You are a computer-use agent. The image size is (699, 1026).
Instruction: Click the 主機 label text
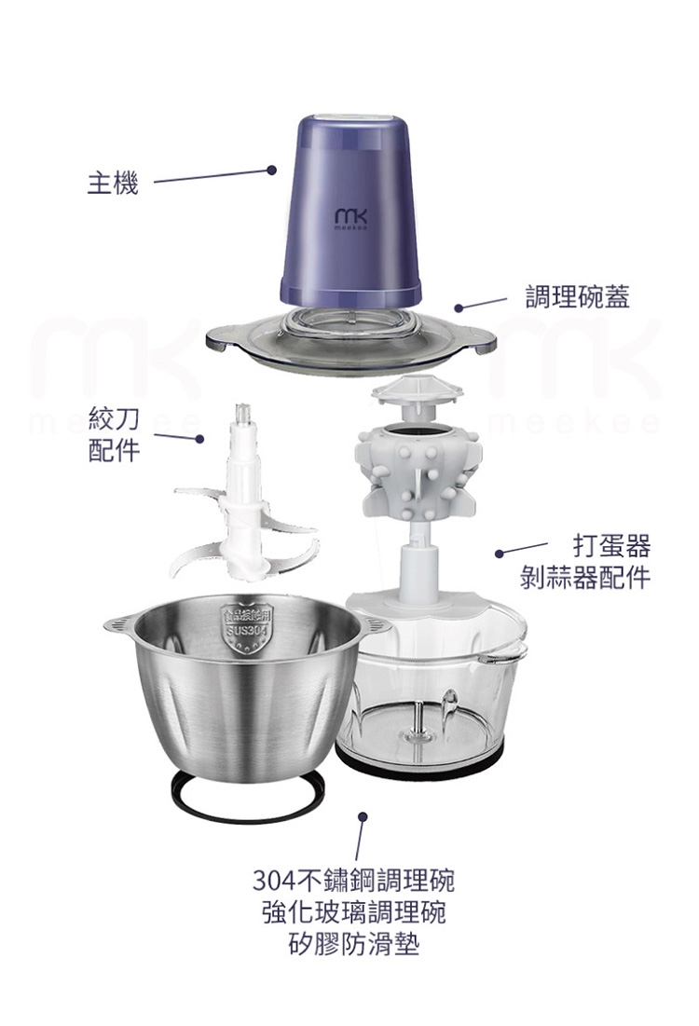(113, 184)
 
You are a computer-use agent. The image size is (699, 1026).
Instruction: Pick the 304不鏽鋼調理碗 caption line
(353, 880)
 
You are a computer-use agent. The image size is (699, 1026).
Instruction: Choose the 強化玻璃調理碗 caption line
(353, 912)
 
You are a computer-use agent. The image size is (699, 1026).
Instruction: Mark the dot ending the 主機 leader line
(271, 170)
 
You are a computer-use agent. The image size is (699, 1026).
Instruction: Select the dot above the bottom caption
(362, 817)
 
